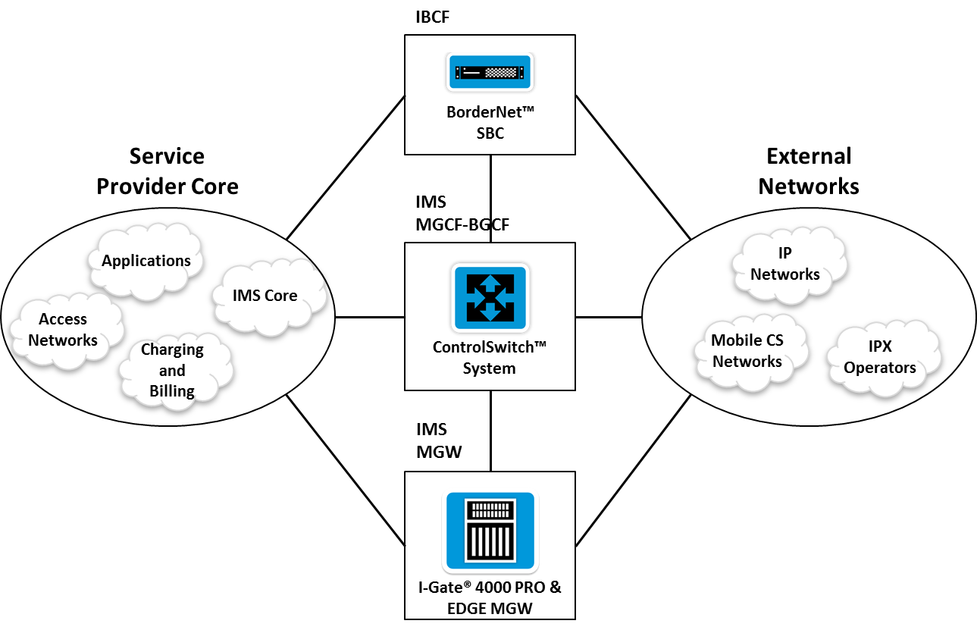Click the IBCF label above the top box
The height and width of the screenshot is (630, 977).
click(433, 16)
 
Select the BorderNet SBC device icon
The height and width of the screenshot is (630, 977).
click(490, 73)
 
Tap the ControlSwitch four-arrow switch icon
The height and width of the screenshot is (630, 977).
click(490, 297)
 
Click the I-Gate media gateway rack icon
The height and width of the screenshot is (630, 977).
click(490, 531)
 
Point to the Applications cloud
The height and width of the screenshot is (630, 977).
click(146, 261)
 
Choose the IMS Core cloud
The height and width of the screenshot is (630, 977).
click(265, 295)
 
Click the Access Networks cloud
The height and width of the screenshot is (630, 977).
click(63, 330)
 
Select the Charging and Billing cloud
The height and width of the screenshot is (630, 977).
click(172, 370)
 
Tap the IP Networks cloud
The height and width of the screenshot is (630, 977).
click(785, 264)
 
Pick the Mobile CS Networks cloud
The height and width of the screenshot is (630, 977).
click(747, 350)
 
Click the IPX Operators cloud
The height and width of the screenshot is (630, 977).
click(880, 357)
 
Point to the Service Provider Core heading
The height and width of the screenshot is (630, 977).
click(167, 171)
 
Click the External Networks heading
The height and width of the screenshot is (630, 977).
click(809, 171)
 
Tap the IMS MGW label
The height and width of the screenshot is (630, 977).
click(439, 440)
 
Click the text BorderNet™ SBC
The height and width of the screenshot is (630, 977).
click(490, 122)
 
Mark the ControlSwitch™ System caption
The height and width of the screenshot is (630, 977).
click(490, 358)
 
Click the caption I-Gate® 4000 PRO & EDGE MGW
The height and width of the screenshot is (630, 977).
click(490, 597)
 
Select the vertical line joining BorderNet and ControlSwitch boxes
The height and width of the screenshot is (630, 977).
click(490, 199)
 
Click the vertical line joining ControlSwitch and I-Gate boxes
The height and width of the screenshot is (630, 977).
click(490, 431)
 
